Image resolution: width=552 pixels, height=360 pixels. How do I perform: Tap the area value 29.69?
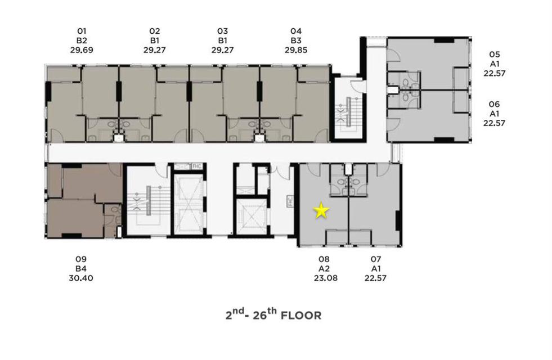(x=82, y=50)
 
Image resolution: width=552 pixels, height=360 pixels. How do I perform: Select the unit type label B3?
(x=296, y=40)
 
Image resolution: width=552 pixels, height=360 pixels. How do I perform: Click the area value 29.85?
(x=296, y=50)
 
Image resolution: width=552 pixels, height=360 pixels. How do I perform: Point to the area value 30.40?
(x=81, y=278)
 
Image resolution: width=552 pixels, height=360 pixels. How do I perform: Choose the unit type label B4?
(x=81, y=268)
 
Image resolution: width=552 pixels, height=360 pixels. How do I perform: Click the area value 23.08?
(x=326, y=278)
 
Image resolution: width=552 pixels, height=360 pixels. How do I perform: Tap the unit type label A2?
(x=324, y=268)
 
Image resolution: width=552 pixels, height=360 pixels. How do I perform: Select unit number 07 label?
(x=376, y=259)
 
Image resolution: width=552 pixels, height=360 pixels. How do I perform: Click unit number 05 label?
(x=495, y=55)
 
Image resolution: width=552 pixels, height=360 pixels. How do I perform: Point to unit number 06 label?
(x=495, y=104)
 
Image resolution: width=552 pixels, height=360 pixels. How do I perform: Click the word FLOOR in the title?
(x=301, y=316)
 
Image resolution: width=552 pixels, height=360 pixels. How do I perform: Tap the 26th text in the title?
(x=264, y=314)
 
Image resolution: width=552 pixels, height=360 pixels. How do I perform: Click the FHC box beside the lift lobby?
(x=290, y=201)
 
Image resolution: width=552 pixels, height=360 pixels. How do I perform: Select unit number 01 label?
(x=82, y=31)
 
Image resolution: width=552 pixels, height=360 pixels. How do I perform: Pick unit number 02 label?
(x=155, y=31)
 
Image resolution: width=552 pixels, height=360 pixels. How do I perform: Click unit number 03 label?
(x=222, y=31)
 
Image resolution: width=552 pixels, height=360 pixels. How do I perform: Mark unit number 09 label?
(x=81, y=259)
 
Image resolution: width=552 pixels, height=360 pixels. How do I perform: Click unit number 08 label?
(x=324, y=259)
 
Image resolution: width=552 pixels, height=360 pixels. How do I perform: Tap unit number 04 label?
(x=296, y=31)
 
